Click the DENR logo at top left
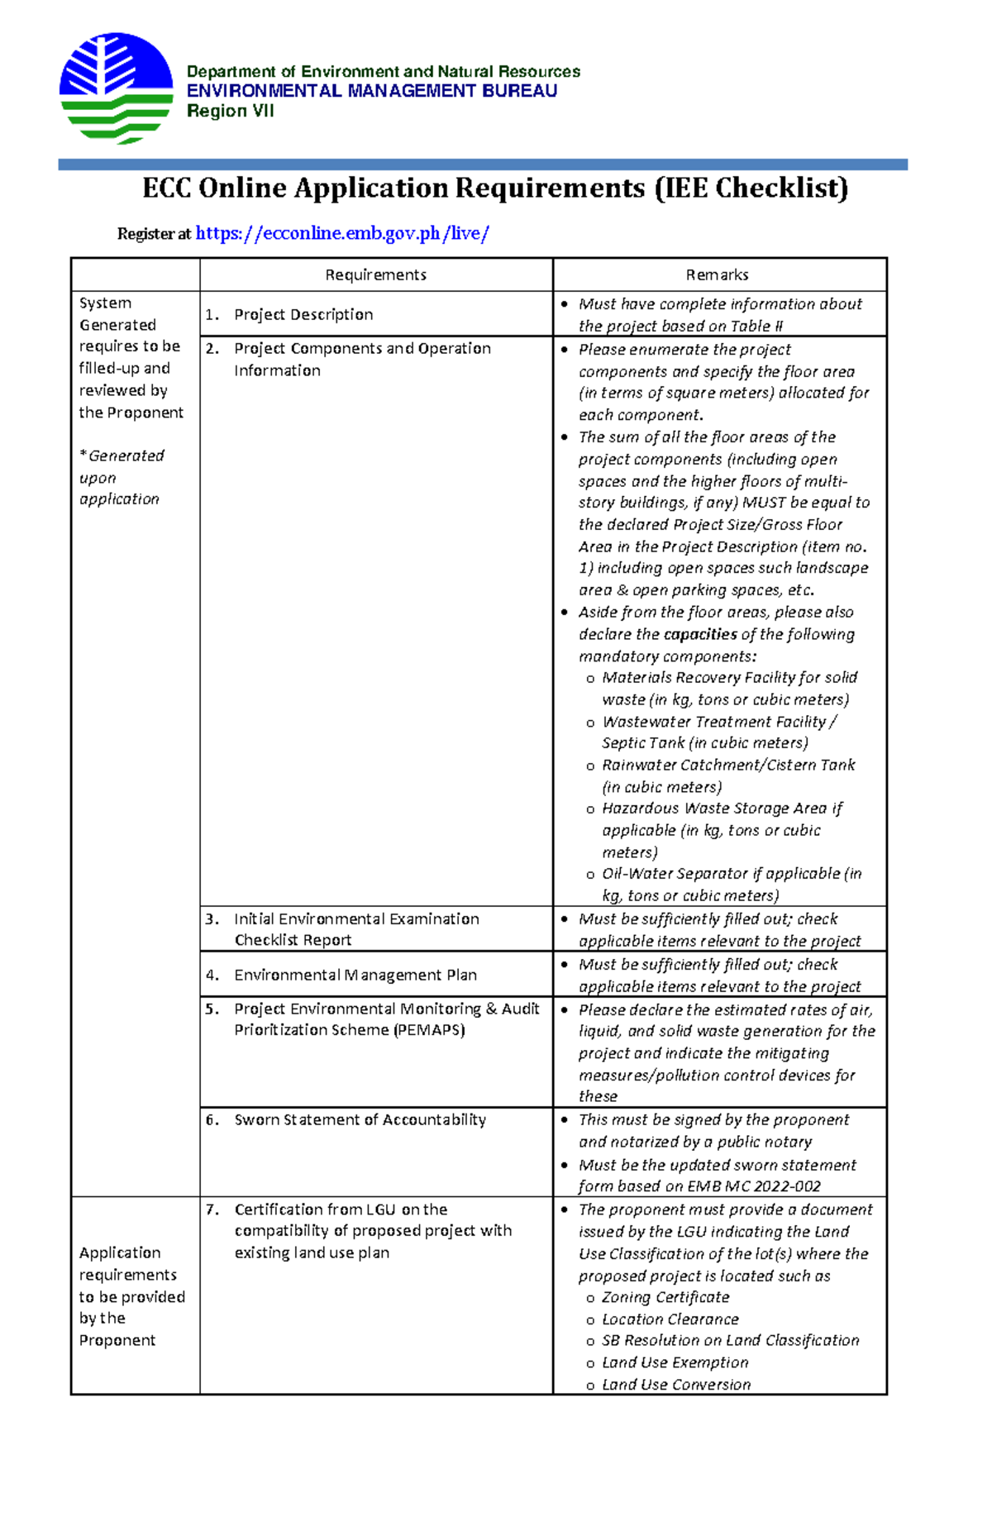point(116,88)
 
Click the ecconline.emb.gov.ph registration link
point(342,234)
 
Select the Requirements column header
point(375,275)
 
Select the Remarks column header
point(717,275)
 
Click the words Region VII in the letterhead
point(230,112)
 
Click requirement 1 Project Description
point(303,315)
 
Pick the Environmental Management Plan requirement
point(355,976)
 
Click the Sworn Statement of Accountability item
point(360,1120)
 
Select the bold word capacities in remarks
point(700,635)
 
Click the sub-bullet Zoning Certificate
point(665,1298)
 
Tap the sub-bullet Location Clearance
point(670,1320)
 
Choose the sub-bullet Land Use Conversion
point(675,1385)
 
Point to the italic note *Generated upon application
point(121,478)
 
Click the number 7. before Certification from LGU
point(212,1209)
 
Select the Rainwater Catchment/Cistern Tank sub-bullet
point(727,766)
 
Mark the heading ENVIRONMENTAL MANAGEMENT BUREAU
point(371,92)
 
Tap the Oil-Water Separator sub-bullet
point(731,875)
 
